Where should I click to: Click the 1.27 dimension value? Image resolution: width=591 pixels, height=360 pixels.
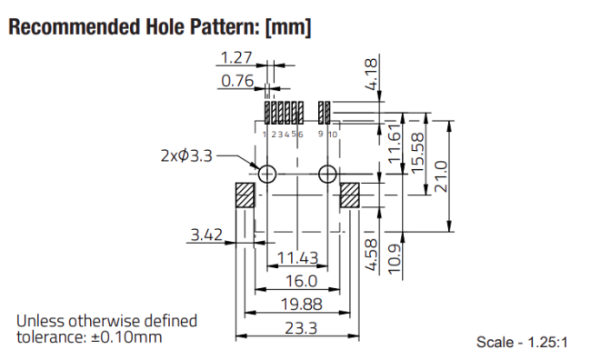(x=236, y=57)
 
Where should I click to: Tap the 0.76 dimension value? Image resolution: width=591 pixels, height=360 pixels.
(x=237, y=81)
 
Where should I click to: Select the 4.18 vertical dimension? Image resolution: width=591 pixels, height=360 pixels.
(x=371, y=75)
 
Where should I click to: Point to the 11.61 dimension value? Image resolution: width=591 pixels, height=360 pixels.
(x=395, y=144)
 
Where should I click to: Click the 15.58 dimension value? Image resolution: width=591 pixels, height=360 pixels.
(x=417, y=153)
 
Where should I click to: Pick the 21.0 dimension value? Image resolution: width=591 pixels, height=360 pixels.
(x=441, y=176)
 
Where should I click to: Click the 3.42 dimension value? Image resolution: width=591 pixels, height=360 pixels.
(x=206, y=235)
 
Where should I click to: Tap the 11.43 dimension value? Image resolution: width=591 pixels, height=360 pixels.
(x=297, y=258)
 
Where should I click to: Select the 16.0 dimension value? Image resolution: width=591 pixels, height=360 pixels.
(x=302, y=281)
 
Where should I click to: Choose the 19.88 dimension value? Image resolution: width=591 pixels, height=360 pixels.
(x=302, y=305)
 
